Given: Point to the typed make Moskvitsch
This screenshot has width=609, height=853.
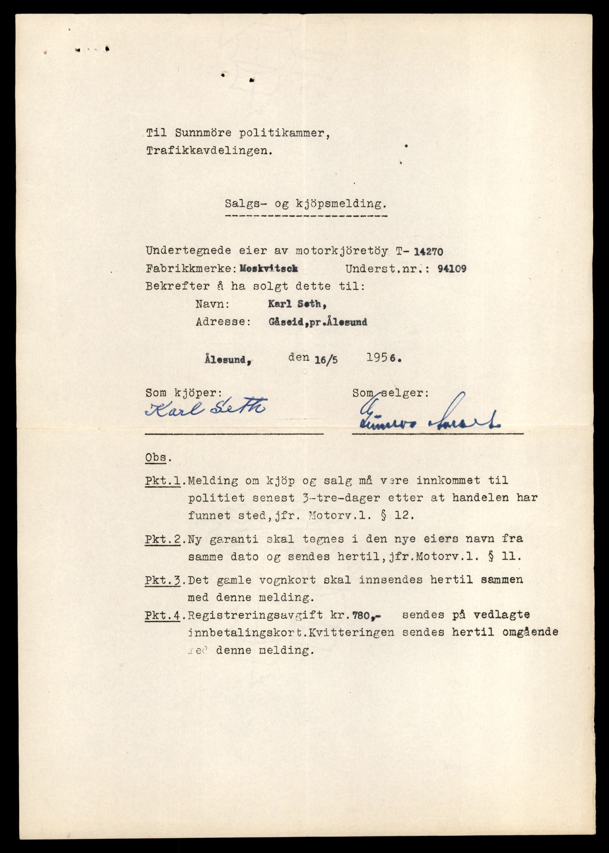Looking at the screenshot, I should point(268,269).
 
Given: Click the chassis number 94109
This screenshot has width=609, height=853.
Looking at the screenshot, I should point(452,269).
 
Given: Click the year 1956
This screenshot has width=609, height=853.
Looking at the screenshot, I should point(381,358).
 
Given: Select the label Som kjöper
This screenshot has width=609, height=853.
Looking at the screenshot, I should point(184,392).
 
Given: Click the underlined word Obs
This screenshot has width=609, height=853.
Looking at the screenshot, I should point(158,457).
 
